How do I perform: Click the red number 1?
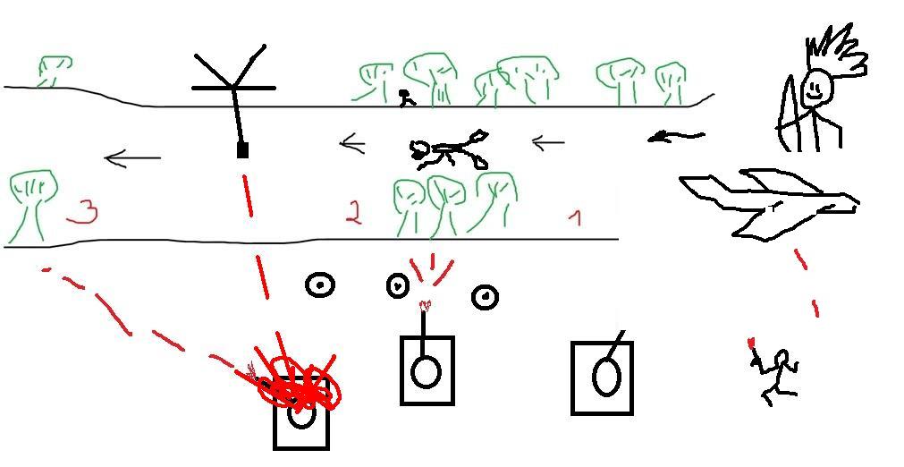(x=575, y=217)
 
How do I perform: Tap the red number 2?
(x=353, y=212)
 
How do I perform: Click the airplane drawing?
(x=770, y=205)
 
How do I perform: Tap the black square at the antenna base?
(x=242, y=150)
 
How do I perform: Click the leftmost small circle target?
(x=320, y=284)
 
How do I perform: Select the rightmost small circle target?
(x=486, y=297)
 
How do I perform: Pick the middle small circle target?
(x=397, y=285)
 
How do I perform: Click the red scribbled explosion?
(x=299, y=385)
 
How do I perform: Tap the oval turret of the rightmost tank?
(x=606, y=377)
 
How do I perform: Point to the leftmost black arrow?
(x=132, y=158)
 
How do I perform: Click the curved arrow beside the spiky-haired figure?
(x=676, y=137)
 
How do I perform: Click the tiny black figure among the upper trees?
(x=407, y=98)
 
